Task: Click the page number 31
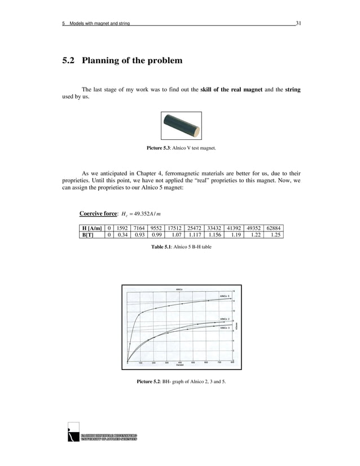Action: pyautogui.click(x=298, y=23)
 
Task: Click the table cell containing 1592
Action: pyautogui.click(x=122, y=228)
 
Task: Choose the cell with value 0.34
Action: pyautogui.click(x=122, y=235)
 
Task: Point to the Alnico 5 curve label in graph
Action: pyautogui.click(x=225, y=296)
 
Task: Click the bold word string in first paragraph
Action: pyautogui.click(x=293, y=89)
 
